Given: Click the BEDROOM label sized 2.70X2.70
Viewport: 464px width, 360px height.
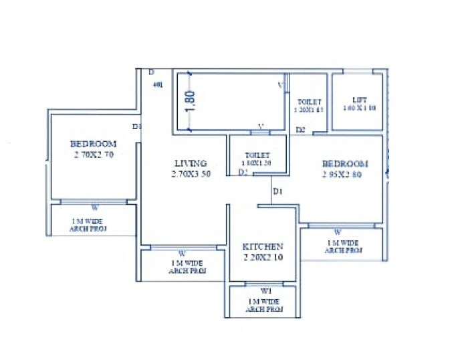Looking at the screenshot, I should click(x=93, y=144).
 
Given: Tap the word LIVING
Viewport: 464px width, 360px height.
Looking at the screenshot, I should click(x=191, y=163).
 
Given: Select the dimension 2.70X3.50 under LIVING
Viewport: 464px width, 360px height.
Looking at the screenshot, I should click(x=191, y=174).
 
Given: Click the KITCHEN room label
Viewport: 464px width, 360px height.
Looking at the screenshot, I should click(x=262, y=247).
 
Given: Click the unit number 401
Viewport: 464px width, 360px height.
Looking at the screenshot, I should click(x=158, y=85).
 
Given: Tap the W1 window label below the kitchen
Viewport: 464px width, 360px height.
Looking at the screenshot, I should click(x=265, y=291).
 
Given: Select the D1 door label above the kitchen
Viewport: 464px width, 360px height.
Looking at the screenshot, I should click(x=277, y=192).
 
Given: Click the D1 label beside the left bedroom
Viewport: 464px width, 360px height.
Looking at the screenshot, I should click(x=136, y=126).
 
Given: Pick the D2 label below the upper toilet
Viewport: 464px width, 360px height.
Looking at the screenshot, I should click(x=301, y=129).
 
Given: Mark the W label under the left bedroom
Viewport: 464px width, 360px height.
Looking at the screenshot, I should click(x=94, y=207).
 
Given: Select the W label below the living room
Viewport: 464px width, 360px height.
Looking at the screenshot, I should click(x=181, y=253).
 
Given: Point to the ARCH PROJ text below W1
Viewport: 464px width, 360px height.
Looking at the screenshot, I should click(x=265, y=309).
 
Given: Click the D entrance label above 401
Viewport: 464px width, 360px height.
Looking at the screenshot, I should click(x=151, y=72).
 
